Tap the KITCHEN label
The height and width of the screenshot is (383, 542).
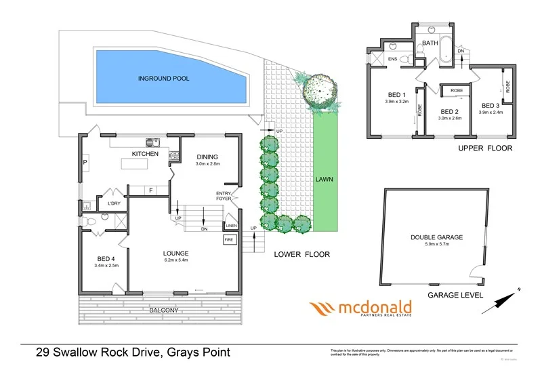(145, 154)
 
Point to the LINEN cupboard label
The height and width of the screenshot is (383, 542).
(232, 226)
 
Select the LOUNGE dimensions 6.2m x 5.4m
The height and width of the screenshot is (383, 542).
(175, 260)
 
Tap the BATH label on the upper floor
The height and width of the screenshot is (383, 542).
(430, 43)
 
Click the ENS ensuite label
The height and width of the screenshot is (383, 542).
(392, 59)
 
